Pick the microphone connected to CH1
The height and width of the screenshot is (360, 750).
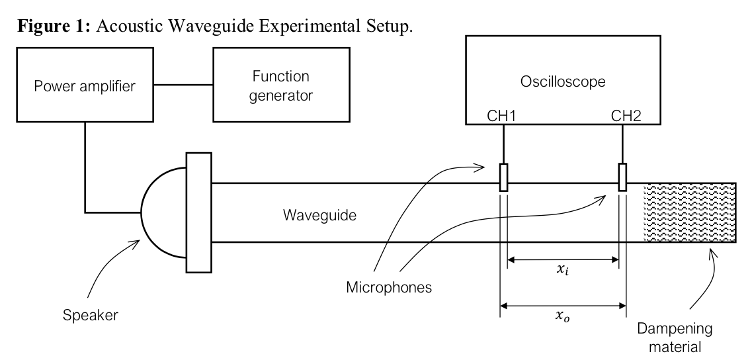tap(503, 177)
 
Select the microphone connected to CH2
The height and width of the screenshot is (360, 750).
tap(622, 177)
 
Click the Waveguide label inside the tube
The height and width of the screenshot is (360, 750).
tap(315, 214)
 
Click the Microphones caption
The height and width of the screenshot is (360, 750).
tap(384, 288)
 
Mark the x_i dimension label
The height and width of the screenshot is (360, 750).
tap(563, 272)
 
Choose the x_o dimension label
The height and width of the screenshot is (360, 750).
tap(563, 318)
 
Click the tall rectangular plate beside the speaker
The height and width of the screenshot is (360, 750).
tap(197, 212)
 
